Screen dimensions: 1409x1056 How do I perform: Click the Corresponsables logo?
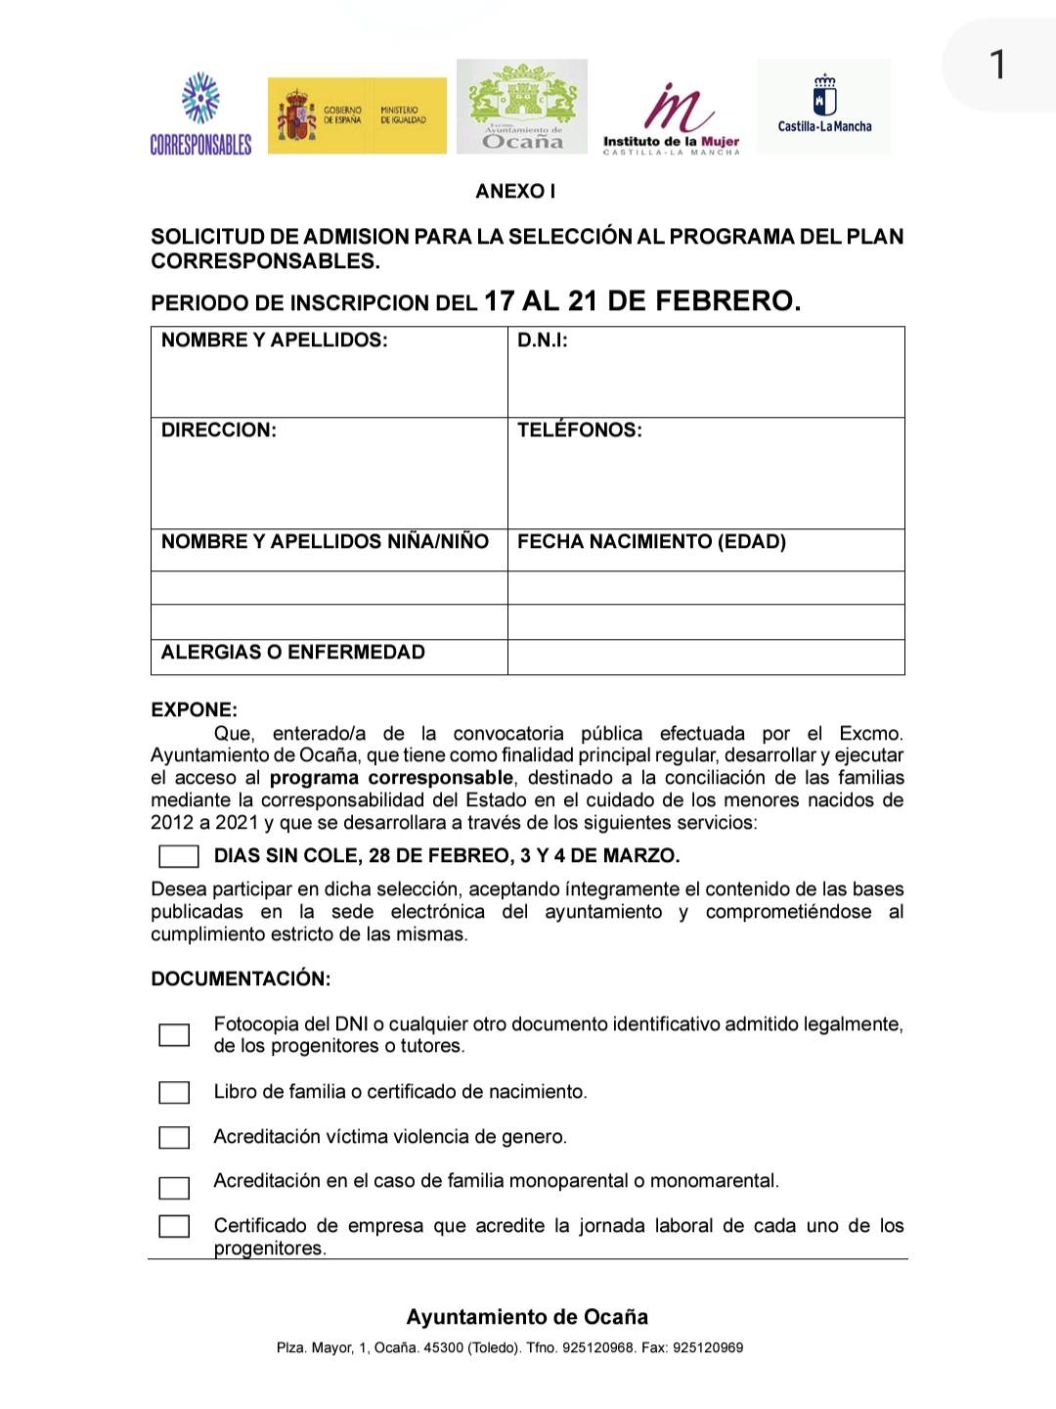tap(200, 114)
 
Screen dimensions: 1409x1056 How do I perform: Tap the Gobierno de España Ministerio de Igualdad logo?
tap(357, 115)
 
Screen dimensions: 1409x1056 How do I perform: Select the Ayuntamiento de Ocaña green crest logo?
tap(522, 107)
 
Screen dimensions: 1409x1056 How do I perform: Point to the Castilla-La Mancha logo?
tap(824, 106)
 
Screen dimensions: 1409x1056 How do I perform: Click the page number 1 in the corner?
tap(996, 66)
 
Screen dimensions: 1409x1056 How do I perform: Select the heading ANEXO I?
tap(515, 192)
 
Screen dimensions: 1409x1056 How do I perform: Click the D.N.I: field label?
tap(543, 341)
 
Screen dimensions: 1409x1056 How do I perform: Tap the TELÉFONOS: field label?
tap(580, 431)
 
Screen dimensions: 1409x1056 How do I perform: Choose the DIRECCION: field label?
tap(219, 431)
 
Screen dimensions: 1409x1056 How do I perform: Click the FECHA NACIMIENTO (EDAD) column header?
tap(651, 542)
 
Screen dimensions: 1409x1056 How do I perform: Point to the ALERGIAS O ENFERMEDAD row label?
tap(293, 653)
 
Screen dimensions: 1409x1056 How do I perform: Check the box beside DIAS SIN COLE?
tap(179, 856)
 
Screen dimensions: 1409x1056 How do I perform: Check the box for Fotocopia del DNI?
tap(174, 1035)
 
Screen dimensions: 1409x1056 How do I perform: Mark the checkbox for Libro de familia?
tap(174, 1092)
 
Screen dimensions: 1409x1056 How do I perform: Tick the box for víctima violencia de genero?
tap(174, 1137)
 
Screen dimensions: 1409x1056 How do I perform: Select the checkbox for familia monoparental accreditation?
tap(174, 1188)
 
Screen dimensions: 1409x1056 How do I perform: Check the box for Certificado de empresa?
tap(174, 1226)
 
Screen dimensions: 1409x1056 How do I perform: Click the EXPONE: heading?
tap(195, 710)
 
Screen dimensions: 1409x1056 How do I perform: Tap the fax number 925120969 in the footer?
tap(709, 1348)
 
